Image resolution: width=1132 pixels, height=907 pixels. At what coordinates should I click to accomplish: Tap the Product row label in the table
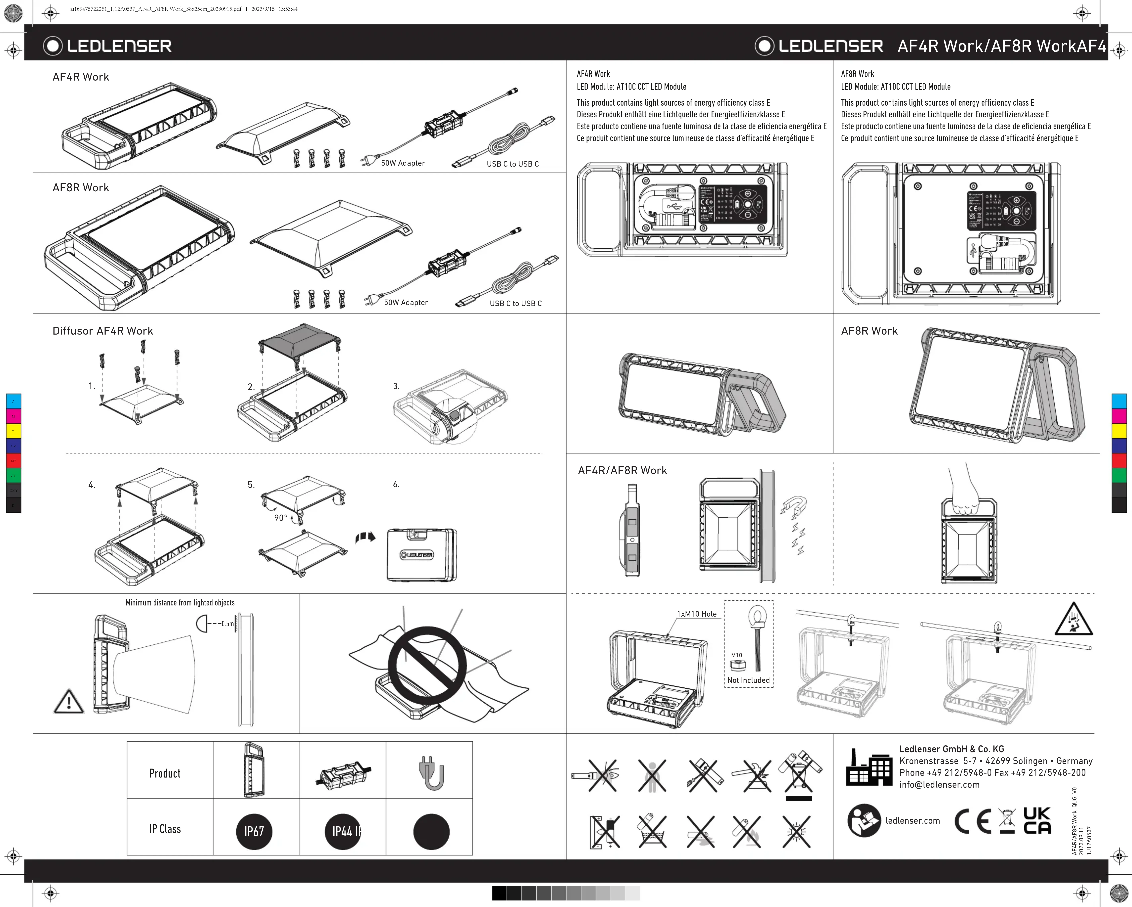pyautogui.click(x=165, y=773)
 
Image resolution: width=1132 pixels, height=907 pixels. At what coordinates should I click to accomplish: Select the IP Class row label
pyautogui.click(x=165, y=829)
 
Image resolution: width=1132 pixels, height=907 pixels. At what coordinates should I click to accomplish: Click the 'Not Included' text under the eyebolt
pyautogui.click(x=748, y=680)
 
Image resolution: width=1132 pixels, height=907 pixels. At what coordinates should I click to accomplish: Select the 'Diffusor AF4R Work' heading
pyautogui.click(x=103, y=331)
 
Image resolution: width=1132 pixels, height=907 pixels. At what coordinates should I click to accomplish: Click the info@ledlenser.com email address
pyautogui.click(x=939, y=785)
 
